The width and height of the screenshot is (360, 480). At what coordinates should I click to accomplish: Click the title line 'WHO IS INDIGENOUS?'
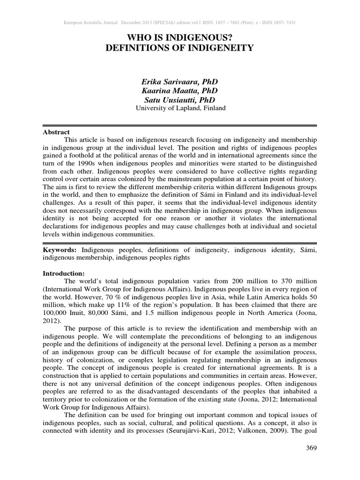pyautogui.click(x=180, y=37)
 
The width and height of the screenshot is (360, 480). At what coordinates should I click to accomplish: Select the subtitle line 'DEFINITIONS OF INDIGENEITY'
pyautogui.click(x=180, y=47)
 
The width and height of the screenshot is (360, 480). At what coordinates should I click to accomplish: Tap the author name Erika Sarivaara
pyautogui.click(x=180, y=82)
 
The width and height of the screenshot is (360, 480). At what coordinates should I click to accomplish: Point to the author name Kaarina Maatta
pyautogui.click(x=180, y=90)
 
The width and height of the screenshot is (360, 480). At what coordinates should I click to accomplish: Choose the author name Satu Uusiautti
pyautogui.click(x=180, y=99)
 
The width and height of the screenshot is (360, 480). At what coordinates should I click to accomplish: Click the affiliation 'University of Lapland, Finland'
pyautogui.click(x=180, y=108)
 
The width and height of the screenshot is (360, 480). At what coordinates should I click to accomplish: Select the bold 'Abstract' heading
pyautogui.click(x=56, y=132)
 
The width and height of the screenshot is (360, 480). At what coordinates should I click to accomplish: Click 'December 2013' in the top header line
pyautogui.click(x=137, y=22)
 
